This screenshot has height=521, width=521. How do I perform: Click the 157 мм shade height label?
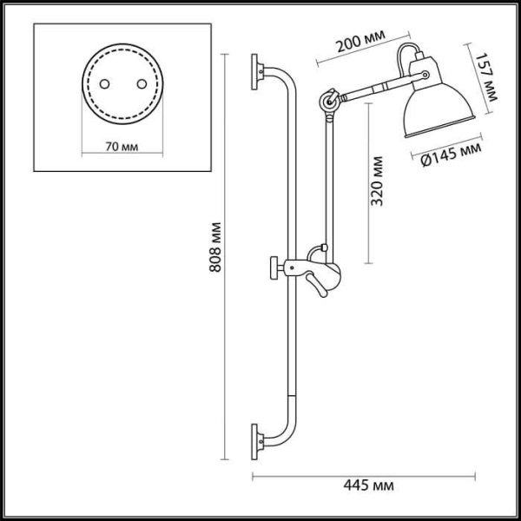[490, 76]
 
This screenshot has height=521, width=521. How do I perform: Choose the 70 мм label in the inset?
[120, 146]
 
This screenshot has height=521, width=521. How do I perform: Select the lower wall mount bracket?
[257, 439]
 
